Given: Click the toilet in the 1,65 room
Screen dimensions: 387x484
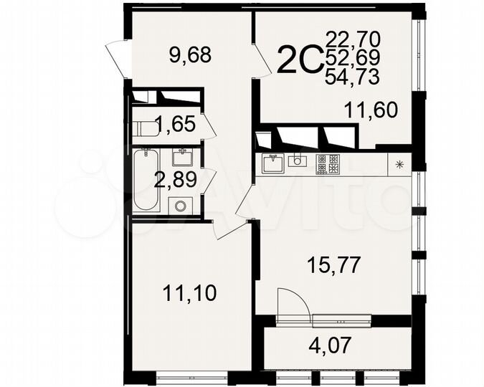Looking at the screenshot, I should coord(144,130).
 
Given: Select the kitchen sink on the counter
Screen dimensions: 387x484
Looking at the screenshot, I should coord(272,164).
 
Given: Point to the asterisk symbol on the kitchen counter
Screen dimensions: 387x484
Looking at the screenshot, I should coord(399,164).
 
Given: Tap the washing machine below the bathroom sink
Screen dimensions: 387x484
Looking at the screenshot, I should coord(179,204).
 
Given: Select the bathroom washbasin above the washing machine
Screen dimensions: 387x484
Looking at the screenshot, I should coord(181,158).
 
